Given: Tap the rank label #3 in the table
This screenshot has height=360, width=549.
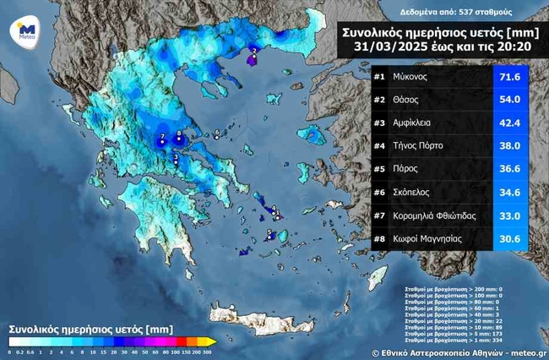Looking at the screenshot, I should click(x=378, y=123).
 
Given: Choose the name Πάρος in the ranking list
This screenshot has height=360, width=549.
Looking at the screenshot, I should click(x=409, y=169).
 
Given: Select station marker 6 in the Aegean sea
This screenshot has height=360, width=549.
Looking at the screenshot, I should click(x=217, y=134).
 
